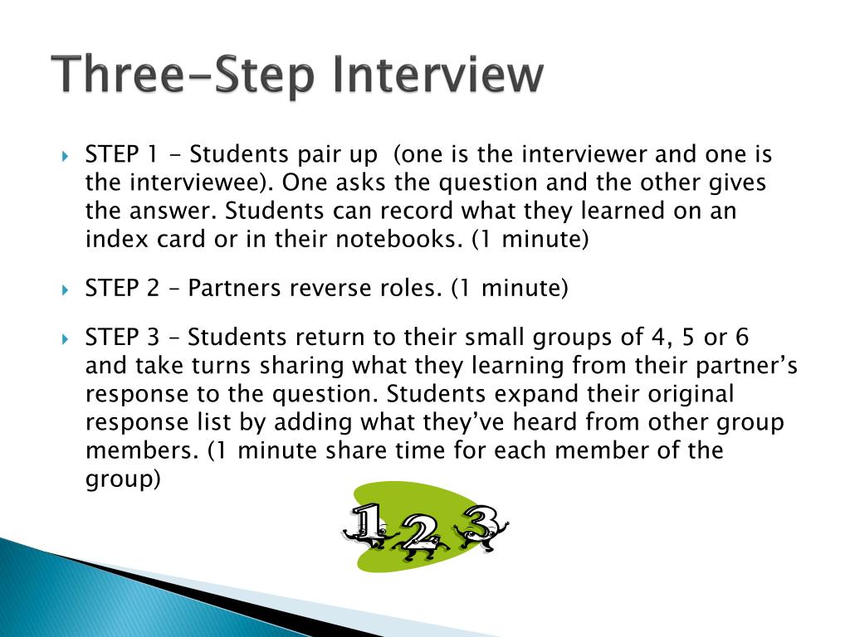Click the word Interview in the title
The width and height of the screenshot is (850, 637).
tap(439, 75)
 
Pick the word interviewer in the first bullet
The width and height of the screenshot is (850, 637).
tap(538, 155)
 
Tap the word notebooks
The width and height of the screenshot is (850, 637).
tap(397, 241)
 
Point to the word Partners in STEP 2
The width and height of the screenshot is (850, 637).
tap(234, 289)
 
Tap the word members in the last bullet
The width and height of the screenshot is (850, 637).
tap(142, 450)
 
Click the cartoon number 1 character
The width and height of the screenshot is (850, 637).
tap(366, 526)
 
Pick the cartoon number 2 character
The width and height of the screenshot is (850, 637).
tap(421, 535)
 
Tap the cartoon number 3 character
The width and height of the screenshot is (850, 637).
tap(479, 526)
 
